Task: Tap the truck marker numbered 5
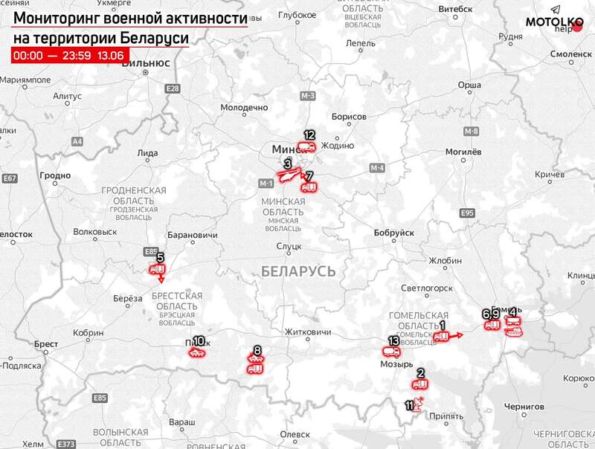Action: tap(158, 269)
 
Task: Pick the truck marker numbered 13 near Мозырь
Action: tap(392, 352)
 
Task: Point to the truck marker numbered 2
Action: tap(420, 384)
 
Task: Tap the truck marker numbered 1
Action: tap(442, 336)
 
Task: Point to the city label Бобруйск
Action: tap(393, 233)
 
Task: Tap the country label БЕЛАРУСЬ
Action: tap(299, 272)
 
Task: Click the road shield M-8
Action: tap(471, 132)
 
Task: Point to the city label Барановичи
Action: tap(195, 235)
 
